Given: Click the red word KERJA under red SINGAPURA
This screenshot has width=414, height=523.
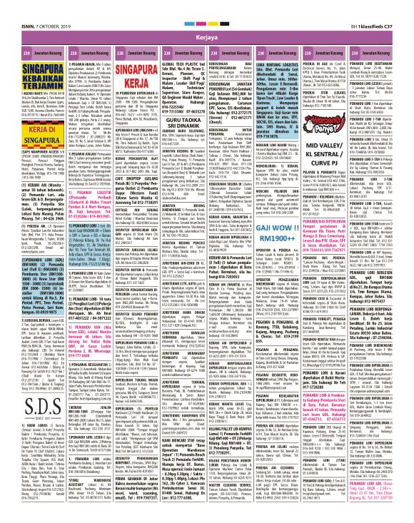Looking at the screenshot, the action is (x=111, y=68).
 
